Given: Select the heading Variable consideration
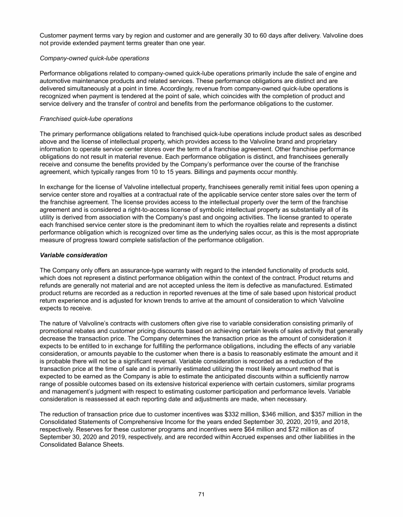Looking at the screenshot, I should coord(73,255).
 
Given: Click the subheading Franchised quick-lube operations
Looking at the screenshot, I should coord(86,119).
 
